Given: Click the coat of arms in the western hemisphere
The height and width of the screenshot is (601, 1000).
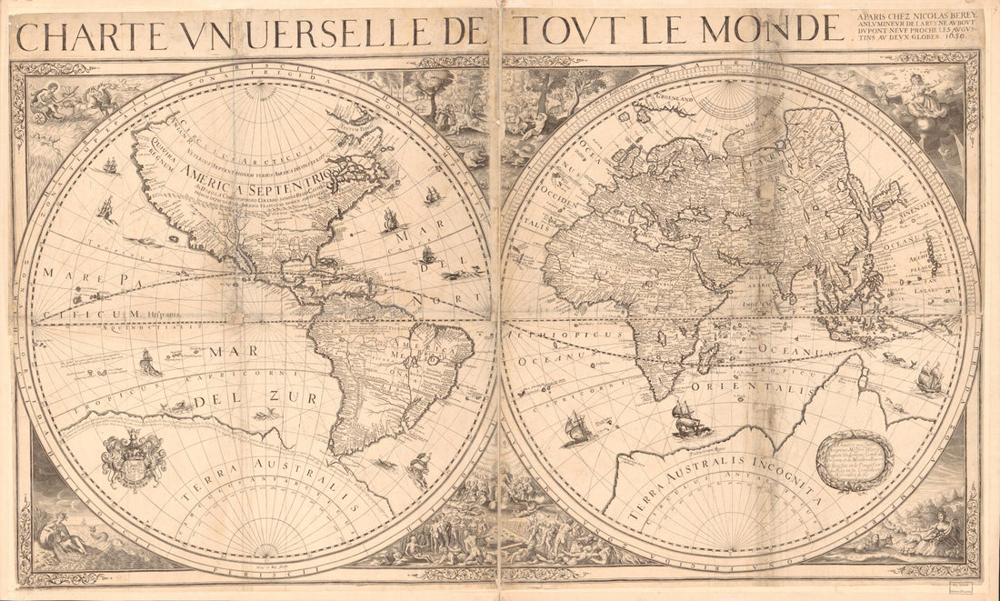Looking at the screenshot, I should point(134,459).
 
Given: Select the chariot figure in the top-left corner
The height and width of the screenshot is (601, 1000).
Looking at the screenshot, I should point(64,100).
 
